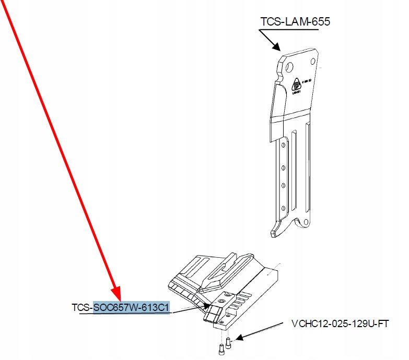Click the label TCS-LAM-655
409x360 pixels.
295,22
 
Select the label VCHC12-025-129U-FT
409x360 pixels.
340,323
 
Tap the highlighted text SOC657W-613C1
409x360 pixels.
131,307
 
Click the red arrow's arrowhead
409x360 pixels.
116,295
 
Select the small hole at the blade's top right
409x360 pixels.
313,62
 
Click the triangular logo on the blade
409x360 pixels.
296,83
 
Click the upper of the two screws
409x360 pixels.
228,342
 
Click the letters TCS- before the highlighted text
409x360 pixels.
83,307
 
